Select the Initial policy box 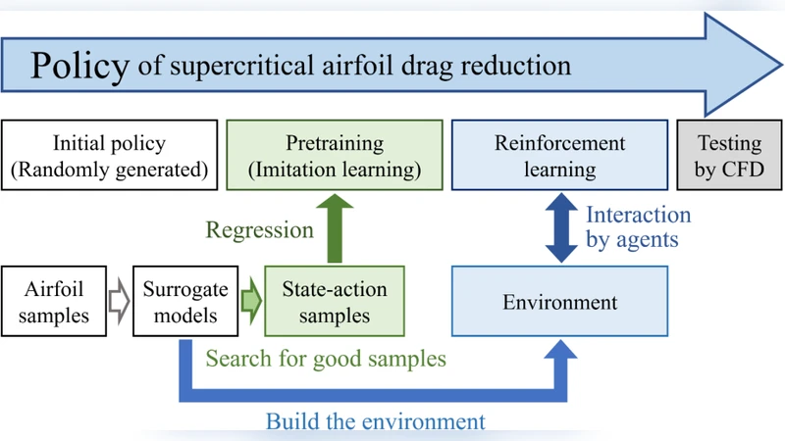point(109,156)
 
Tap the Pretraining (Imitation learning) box point(335,156)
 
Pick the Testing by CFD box point(730,156)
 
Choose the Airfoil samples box point(55,302)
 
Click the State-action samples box point(335,302)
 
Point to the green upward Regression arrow point(335,228)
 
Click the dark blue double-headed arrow point(560,228)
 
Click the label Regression point(260,230)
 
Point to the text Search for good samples point(326,359)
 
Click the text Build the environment point(376,421)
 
